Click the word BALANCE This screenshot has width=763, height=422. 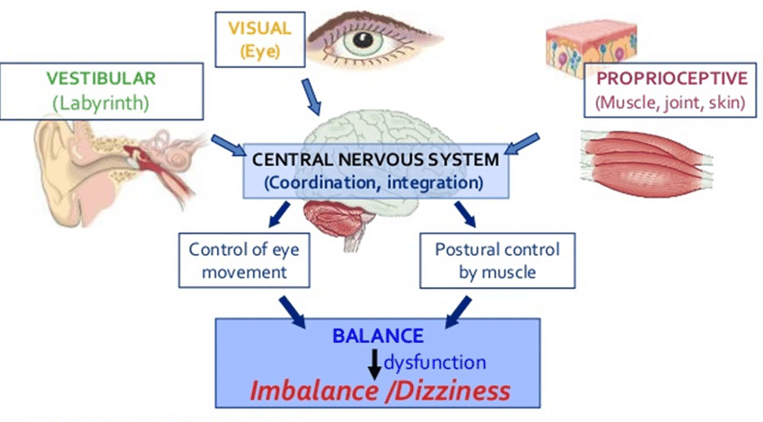pos(377,336)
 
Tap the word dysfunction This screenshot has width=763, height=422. pos(435,362)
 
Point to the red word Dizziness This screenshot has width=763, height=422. pos(457,391)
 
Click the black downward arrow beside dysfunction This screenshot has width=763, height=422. pos(374,365)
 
